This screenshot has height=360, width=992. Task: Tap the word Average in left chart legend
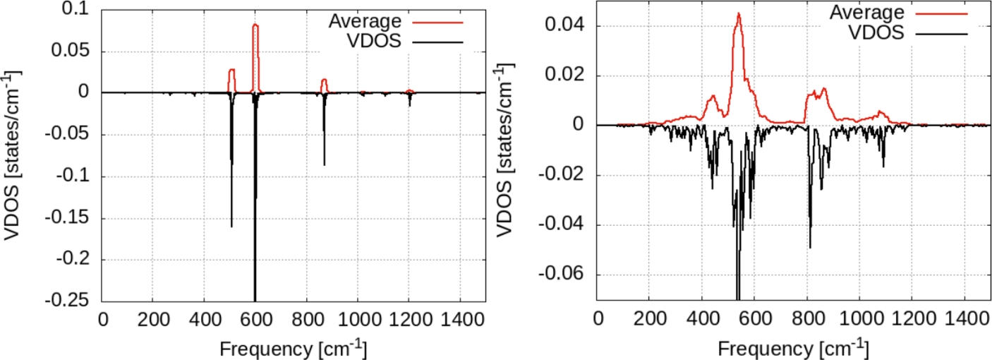pos(365,21)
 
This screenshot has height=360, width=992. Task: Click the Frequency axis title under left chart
pos(293,348)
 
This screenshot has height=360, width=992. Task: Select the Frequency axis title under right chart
pos(793,348)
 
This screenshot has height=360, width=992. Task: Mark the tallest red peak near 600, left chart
pos(255,25)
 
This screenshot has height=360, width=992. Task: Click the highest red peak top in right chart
pos(739,13)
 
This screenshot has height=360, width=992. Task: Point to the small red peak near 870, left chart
pos(325,79)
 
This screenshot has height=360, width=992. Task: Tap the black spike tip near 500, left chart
pos(231,226)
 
